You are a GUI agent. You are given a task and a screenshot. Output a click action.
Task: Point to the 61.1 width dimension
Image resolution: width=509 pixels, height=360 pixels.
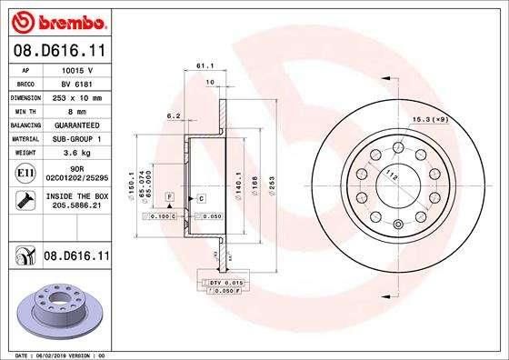tap(204, 66)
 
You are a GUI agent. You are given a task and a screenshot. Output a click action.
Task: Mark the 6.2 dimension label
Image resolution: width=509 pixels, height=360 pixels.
tap(173, 116)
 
